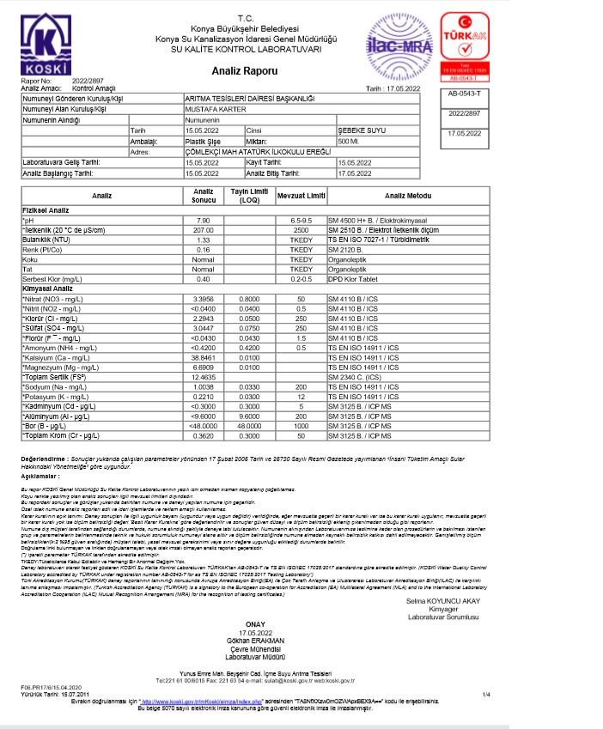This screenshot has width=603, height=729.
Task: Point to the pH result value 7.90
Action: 204,221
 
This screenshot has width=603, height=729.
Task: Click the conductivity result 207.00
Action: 204,230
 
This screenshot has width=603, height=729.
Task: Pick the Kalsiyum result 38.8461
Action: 204,356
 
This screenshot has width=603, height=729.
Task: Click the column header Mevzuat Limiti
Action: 301,196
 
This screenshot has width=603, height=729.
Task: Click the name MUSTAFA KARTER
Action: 216,110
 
